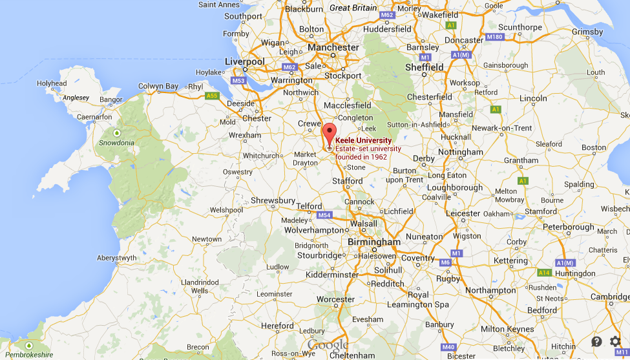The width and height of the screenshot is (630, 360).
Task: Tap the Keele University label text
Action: pyautogui.click(x=364, y=140)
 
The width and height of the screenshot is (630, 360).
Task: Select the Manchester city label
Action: pyautogui.click(x=333, y=47)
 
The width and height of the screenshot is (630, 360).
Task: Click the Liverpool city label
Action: pyautogui.click(x=244, y=61)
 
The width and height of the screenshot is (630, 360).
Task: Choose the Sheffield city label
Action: pyautogui.click(x=425, y=67)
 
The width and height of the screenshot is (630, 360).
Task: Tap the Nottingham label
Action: pyautogui.click(x=461, y=153)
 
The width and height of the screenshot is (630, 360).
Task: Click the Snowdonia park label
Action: pyautogui.click(x=116, y=143)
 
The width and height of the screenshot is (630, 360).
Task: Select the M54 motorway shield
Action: pyautogui.click(x=324, y=215)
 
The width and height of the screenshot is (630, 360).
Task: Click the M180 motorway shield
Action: pyautogui.click(x=495, y=37)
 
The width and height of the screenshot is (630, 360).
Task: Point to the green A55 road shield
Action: pyautogui.click(x=211, y=96)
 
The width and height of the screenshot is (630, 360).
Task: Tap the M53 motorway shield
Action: pyautogui.click(x=238, y=81)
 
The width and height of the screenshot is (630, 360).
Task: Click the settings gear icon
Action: pyautogui.click(x=615, y=341)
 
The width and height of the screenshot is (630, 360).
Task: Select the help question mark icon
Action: pyautogui.click(x=596, y=341)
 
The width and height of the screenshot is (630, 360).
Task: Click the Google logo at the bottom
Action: pyautogui.click(x=328, y=345)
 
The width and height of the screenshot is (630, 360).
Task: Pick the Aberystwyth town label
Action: pyautogui.click(x=116, y=257)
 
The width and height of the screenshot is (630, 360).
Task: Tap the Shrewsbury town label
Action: pyautogui.click(x=273, y=200)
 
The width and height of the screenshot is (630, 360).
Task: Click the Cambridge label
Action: pyautogui.click(x=610, y=297)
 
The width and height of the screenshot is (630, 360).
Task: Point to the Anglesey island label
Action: pyautogui.click(x=76, y=98)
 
